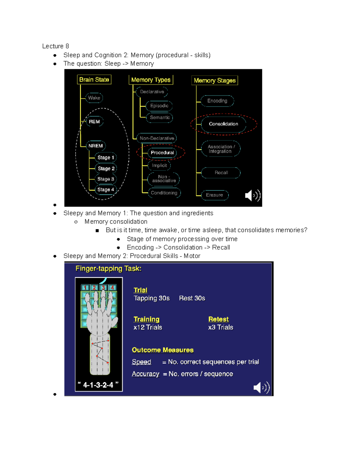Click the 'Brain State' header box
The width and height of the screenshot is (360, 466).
[x=94, y=80]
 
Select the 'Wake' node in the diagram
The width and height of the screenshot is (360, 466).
[x=94, y=98]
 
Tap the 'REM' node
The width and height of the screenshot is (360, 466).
[x=94, y=122]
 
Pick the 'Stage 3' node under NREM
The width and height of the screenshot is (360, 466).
[x=106, y=179]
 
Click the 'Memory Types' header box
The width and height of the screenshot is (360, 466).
[x=151, y=80]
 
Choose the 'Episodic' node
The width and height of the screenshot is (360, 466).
[x=159, y=106]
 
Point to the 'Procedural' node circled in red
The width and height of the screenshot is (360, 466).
[x=162, y=152]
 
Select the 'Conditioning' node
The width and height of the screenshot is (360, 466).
[x=164, y=193]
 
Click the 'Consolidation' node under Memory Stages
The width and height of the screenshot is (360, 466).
[x=223, y=124]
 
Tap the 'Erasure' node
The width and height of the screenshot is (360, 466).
[x=214, y=195]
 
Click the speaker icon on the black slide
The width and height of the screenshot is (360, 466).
[x=252, y=196]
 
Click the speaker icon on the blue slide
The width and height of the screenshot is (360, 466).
[x=261, y=387]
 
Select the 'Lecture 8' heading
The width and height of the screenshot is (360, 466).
[x=55, y=46]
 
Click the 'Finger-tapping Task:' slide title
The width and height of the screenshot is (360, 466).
[x=108, y=269]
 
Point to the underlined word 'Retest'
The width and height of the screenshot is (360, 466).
[x=218, y=319]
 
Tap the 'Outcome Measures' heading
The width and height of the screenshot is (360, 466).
[x=163, y=350]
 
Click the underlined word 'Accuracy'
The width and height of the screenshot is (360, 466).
[x=145, y=374]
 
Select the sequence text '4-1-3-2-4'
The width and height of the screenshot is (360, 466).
[x=98, y=385]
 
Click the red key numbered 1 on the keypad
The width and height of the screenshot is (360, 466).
[x=85, y=288]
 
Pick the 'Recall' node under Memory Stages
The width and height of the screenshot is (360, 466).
[x=221, y=173]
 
